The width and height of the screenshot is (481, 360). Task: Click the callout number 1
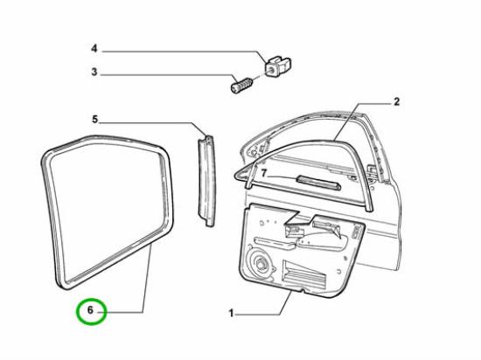231,313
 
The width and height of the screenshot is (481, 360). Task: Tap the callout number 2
396,101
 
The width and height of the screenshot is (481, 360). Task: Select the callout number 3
94,72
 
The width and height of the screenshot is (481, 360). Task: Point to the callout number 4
94,48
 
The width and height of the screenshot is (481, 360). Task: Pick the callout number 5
94,119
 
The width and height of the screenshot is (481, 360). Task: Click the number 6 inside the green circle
90,310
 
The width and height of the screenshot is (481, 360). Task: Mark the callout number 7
264,173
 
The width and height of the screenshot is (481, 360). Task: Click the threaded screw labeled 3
241,86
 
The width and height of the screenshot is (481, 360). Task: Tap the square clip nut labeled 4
277,66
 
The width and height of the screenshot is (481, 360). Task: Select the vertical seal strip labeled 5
206,181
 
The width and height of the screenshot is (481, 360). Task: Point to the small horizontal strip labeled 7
318,183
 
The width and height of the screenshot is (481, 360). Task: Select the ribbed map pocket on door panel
304,274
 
